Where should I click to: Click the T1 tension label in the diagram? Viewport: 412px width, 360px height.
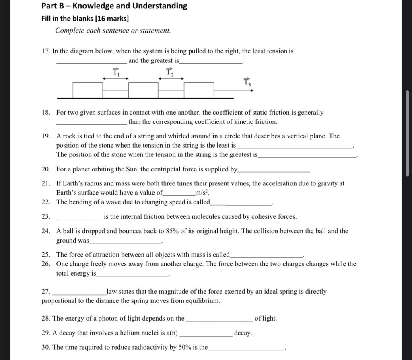(x=116, y=72)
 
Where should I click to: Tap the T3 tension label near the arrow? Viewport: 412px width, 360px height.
(x=247, y=83)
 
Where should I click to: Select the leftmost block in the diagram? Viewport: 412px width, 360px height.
(x=88, y=90)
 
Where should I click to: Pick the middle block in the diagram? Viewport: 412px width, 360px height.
(x=143, y=90)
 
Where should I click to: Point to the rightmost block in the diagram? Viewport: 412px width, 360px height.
(x=199, y=90)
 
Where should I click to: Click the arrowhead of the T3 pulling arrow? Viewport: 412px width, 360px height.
(x=252, y=91)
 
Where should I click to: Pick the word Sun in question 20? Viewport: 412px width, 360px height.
(x=129, y=169)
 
